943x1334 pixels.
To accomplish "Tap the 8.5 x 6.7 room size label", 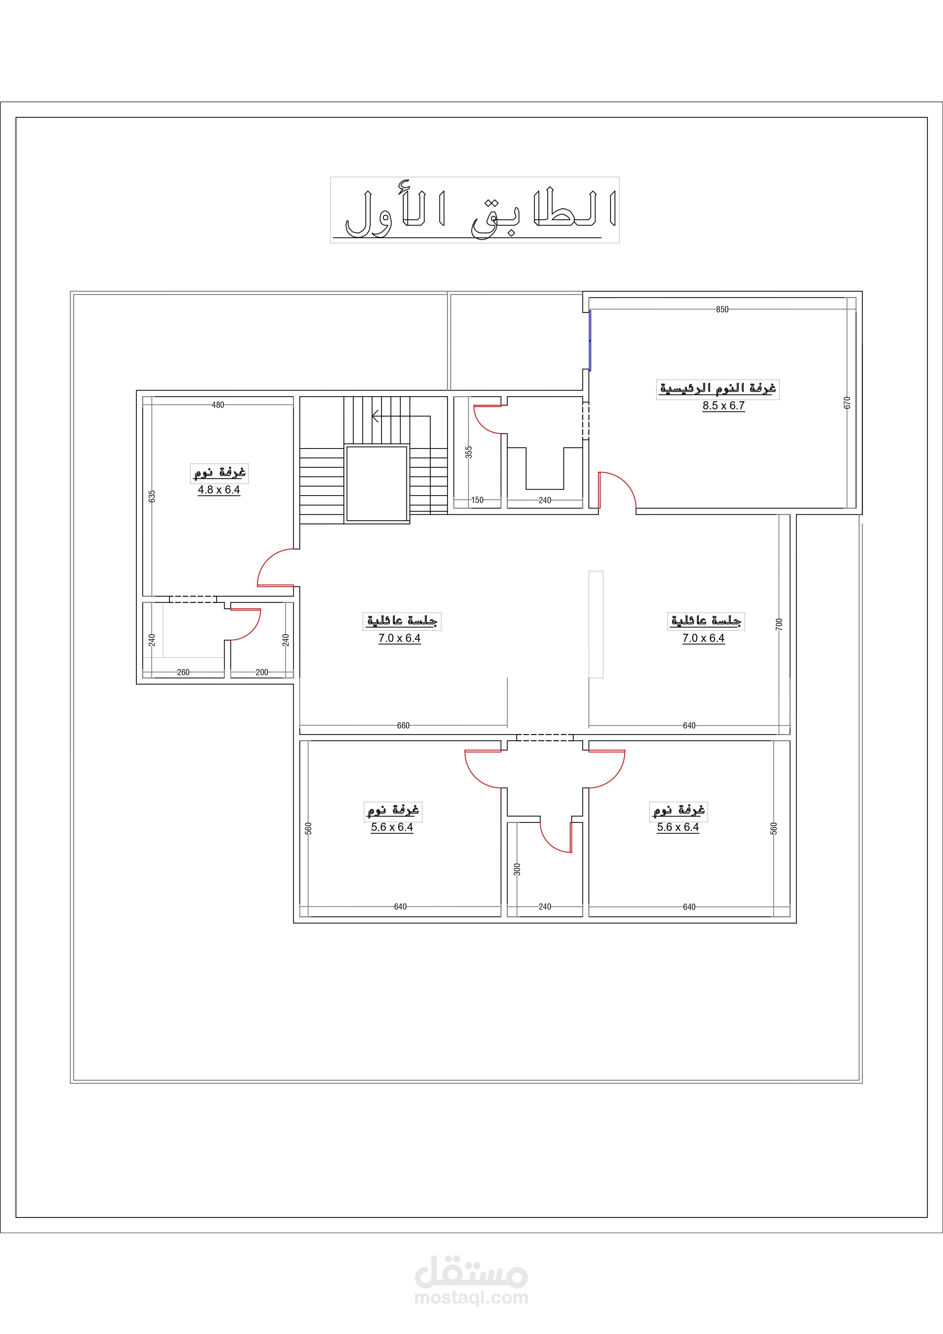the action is tap(723, 406).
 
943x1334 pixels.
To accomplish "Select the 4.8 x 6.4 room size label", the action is tap(219, 490).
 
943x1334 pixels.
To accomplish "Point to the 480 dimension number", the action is tap(218, 405).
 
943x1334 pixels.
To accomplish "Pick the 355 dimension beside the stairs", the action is tap(469, 452).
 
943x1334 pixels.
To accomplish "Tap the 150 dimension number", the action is tap(477, 500).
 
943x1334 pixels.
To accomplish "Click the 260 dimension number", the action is tap(183, 672).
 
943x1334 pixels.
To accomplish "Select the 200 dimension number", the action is tap(262, 672).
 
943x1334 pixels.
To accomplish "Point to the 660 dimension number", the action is tap(403, 726).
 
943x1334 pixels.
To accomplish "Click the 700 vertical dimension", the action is tap(779, 624).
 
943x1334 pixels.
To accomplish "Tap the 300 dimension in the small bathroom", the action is tap(517, 869).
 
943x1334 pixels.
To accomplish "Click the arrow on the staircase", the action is tap(401, 416).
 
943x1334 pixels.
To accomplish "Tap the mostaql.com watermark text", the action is tap(471, 1297).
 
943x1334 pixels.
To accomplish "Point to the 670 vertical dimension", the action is tap(847, 403).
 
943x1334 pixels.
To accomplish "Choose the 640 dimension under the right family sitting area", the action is tap(689, 726).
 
